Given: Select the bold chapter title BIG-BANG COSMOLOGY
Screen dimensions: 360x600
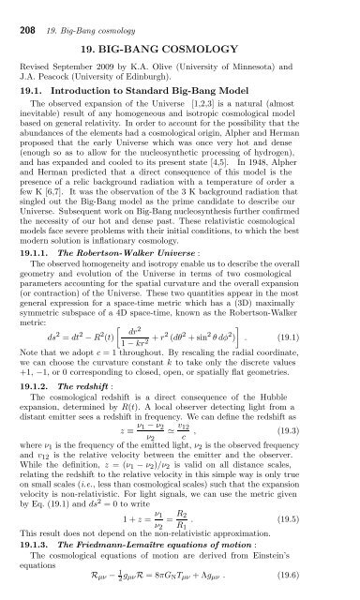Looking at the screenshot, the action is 180,44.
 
